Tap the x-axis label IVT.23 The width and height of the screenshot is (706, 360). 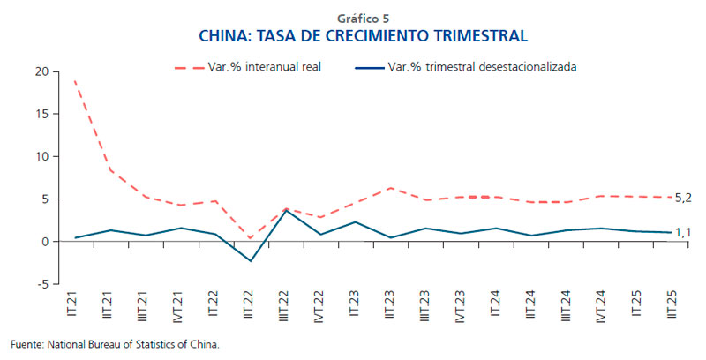point(460,308)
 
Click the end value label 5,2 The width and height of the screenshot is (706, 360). point(682,199)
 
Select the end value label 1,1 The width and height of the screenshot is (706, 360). point(682,233)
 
